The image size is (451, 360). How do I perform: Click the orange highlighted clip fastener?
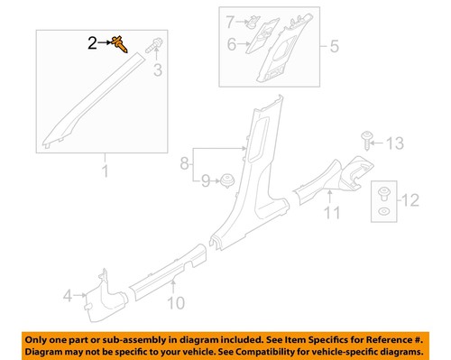point(119,42)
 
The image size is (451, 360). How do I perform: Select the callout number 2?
point(92,42)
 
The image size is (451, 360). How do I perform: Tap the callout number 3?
point(157,69)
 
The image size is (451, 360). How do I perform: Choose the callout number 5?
point(334,44)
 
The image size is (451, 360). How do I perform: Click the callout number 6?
point(231,43)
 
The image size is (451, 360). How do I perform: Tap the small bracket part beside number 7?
point(253,20)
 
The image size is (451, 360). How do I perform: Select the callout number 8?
point(186,164)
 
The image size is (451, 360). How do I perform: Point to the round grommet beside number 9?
point(228,179)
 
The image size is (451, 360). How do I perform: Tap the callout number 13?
point(397,143)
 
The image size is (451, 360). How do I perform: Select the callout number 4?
point(67,293)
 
